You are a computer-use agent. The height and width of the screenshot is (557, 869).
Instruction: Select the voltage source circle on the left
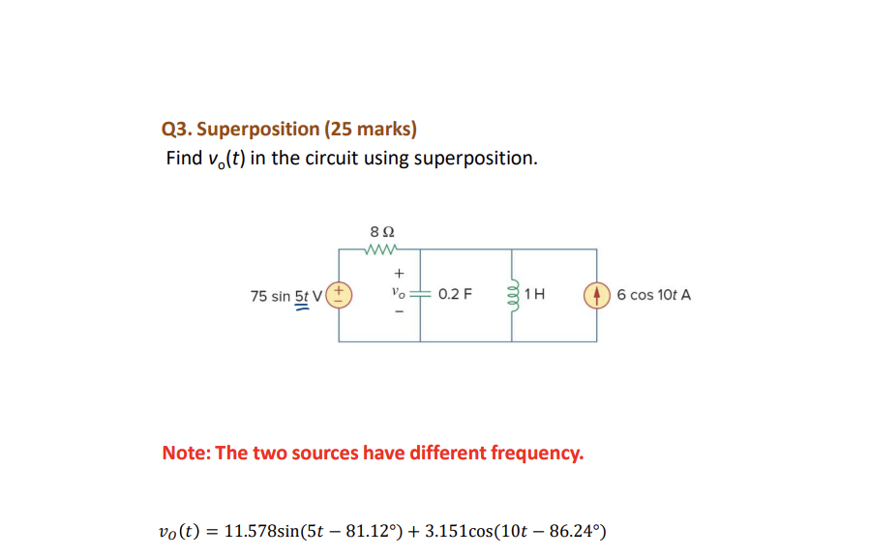340,294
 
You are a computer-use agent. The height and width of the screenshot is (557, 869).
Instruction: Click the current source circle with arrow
596,294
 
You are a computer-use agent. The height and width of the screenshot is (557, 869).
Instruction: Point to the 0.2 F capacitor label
455,294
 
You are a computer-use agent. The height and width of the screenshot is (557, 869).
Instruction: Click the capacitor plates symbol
420,293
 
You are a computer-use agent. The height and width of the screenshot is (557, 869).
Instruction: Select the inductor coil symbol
513,294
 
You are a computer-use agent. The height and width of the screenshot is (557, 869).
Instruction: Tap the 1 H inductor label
535,294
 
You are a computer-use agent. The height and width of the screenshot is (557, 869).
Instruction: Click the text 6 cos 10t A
653,294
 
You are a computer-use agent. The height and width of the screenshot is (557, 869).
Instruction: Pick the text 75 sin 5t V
285,295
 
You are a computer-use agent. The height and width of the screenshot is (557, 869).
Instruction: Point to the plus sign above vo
397,275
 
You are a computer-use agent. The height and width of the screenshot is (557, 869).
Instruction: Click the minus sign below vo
397,312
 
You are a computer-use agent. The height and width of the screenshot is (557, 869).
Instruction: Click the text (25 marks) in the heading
371,129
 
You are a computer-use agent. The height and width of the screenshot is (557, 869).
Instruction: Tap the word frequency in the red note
534,453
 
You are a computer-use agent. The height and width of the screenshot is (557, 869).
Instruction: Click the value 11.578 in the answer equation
250,531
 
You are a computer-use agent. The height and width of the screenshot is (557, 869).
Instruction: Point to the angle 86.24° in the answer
575,531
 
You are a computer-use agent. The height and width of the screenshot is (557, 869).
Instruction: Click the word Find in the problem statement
184,158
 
